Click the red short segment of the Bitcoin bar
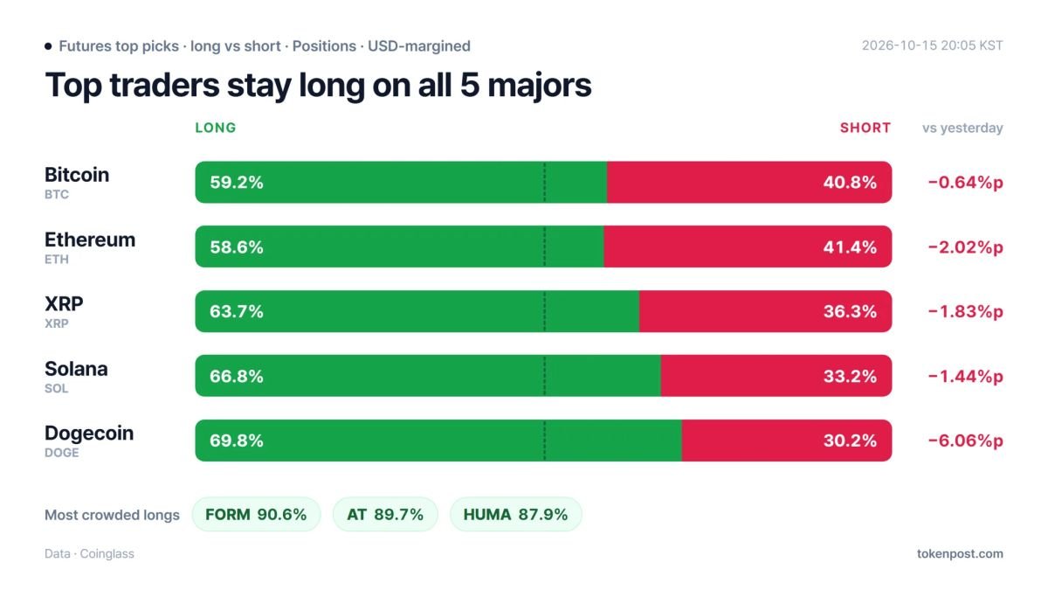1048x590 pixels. click(x=749, y=182)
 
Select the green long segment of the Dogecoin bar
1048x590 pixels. click(x=438, y=441)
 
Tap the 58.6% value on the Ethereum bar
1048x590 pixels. click(x=237, y=246)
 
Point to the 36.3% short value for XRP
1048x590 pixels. click(x=850, y=311)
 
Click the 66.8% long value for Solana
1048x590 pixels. click(x=237, y=376)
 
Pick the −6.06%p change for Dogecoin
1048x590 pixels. click(x=966, y=441)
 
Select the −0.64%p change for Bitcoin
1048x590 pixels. click(x=966, y=182)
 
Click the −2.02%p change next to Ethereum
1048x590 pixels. click(x=966, y=246)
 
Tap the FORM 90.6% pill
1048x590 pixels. click(x=257, y=514)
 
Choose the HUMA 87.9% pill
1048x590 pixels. click(x=515, y=514)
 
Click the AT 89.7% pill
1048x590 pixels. click(x=385, y=514)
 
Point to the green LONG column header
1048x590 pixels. click(x=216, y=128)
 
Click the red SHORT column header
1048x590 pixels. click(x=865, y=128)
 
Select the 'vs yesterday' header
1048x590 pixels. click(x=962, y=128)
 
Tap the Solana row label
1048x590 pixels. click(x=76, y=369)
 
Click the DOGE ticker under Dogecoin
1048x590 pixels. click(x=62, y=453)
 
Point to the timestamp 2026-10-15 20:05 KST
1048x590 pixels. click(x=933, y=45)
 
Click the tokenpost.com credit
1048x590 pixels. click(x=960, y=553)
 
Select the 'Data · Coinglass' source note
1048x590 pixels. click(x=89, y=553)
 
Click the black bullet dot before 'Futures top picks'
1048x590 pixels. click(x=48, y=45)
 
